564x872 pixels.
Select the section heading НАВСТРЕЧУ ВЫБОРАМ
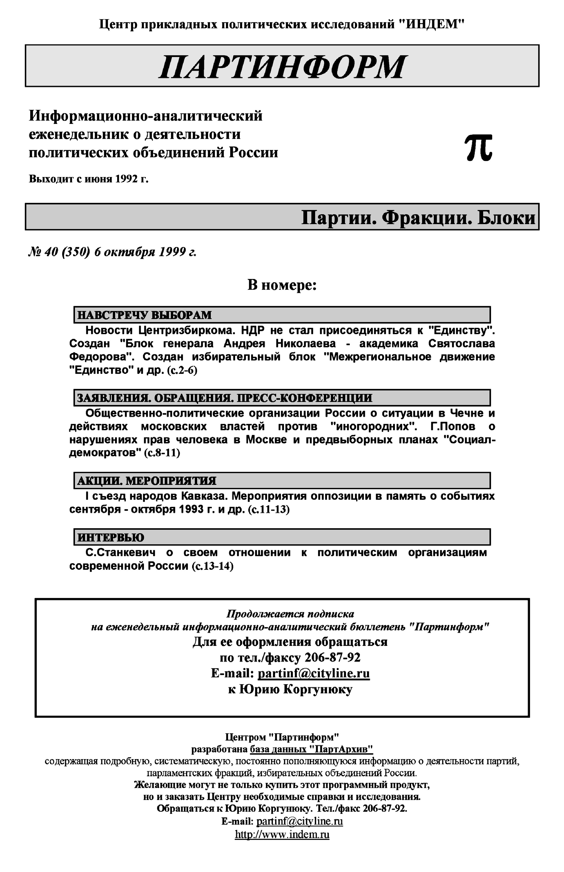[x=145, y=315]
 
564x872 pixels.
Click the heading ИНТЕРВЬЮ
[x=111, y=537]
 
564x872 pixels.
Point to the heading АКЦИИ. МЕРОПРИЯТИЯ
[x=146, y=481]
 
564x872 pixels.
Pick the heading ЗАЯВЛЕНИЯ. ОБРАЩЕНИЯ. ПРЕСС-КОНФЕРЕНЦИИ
[x=224, y=398]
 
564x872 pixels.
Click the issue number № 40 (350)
[x=59, y=252]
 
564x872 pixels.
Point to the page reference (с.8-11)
[x=162, y=453]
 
